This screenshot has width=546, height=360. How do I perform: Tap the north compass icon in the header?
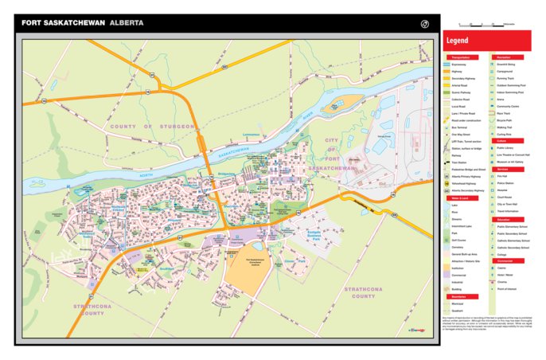(425, 23)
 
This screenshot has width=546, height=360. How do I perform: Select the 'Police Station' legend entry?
(508, 182)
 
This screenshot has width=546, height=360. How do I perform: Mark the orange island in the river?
(345, 103)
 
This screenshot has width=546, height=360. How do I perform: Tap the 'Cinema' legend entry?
(508, 281)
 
